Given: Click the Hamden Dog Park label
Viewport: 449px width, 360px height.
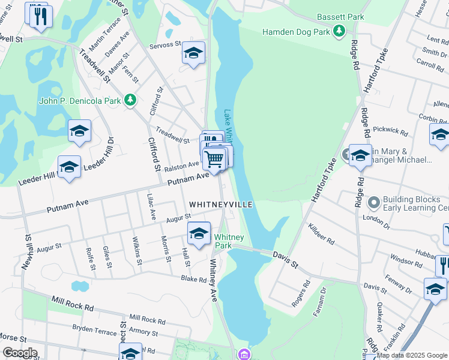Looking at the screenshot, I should (x=297, y=31).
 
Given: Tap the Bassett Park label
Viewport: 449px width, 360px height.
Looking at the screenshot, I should (x=340, y=17).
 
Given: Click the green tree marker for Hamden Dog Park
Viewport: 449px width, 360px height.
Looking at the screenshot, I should (x=340, y=31).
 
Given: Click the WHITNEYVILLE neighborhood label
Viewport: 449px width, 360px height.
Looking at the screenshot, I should (x=220, y=205).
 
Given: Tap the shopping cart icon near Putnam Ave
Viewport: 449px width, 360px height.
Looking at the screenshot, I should (x=214, y=160).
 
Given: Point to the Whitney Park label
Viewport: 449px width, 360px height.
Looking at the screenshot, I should (x=223, y=242).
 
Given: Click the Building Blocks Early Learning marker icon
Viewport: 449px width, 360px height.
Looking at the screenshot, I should (x=373, y=202).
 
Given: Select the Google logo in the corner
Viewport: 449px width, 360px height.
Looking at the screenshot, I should (x=20, y=353).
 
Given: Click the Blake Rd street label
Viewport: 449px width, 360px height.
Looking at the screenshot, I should (x=194, y=278).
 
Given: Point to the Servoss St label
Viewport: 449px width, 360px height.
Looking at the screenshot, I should (x=165, y=44).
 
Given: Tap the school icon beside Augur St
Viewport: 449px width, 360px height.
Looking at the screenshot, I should (x=199, y=232).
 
